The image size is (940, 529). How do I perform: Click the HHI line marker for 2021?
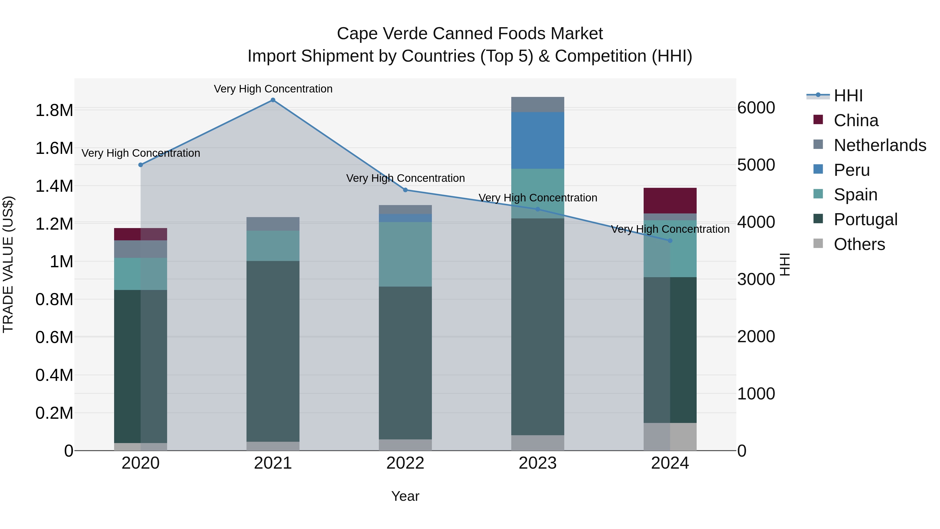pos(273,100)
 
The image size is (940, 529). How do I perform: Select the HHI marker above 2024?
pos(670,241)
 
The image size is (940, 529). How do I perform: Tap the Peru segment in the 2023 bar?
pos(538,140)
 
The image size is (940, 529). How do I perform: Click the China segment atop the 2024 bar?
pos(670,200)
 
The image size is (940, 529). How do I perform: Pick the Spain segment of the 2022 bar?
pos(405,254)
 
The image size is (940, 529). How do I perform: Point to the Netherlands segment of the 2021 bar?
pos(273,224)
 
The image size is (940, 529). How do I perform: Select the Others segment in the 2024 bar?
pos(670,437)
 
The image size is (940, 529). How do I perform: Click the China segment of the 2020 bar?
pos(140,234)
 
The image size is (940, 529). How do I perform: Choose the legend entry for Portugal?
pos(865,219)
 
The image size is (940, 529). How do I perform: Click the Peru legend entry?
pos(852,170)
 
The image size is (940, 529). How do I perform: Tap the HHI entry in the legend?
pos(848,96)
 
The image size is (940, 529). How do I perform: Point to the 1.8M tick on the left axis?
pos(54,110)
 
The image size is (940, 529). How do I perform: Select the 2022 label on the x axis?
pos(405,463)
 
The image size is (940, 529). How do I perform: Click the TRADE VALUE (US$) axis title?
pos(8,264)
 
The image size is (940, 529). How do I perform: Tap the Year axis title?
pos(405,496)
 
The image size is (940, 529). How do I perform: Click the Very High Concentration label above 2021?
pos(273,89)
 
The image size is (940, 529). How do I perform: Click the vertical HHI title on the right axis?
pos(785,264)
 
